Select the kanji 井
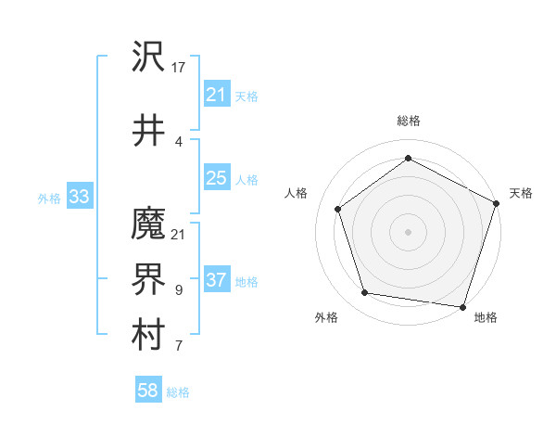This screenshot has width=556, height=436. coord(149,131)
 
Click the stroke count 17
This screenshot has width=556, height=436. coord(179,68)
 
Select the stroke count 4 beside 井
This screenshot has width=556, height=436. coord(179,142)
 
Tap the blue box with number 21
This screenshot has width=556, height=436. coord(216,95)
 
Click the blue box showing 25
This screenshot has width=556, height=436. coord(216,178)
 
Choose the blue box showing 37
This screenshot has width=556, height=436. coord(216,280)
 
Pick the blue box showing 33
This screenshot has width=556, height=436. coord(79,197)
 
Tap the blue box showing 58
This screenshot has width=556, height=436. coord(147,391)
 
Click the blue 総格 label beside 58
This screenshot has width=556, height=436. coord(178,392)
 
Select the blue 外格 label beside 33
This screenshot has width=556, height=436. coord(48,198)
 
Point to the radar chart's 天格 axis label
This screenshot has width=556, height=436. coord(521,193)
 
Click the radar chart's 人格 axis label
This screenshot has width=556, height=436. coord(297,193)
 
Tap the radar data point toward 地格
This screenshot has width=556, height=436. coord(463,306)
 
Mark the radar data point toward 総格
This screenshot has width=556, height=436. coord(408,159)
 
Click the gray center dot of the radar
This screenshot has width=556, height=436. coord(408,231)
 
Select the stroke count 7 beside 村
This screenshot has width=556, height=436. coord(179,347)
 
